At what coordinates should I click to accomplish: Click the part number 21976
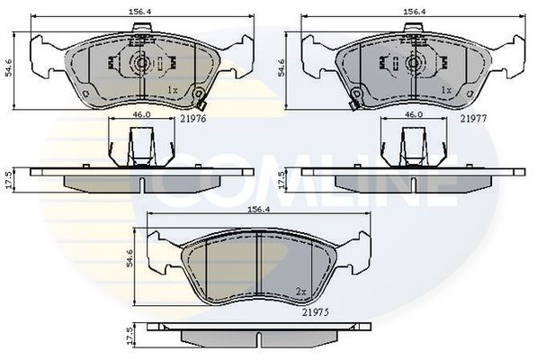point(193,119)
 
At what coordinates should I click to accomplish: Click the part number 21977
point(473,119)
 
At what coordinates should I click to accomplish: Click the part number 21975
point(316,312)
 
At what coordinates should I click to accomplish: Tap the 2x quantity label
point(301,292)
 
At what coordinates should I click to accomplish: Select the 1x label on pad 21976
point(173,90)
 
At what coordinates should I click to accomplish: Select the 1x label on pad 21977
point(446,90)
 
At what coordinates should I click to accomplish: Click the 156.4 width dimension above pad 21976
point(139,12)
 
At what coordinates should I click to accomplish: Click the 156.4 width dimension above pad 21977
point(414,12)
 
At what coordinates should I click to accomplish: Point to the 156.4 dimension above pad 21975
point(259,210)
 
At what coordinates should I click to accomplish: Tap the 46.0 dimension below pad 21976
point(142,114)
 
